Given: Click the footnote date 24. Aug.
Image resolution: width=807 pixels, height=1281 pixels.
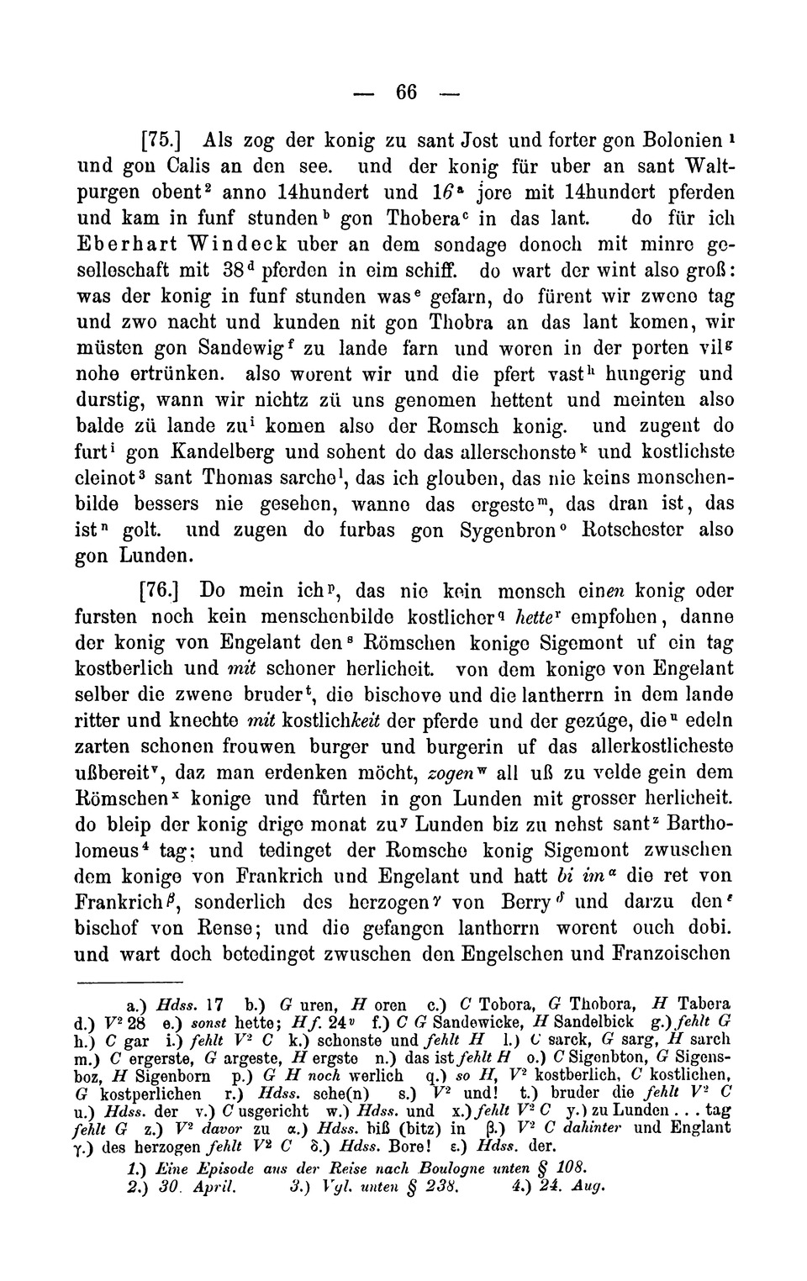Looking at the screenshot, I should [x=578, y=1188].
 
